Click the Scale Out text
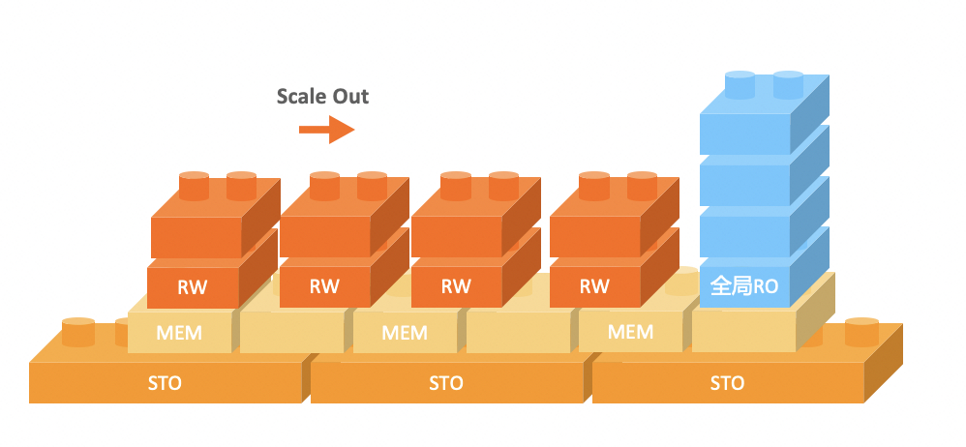click(322, 96)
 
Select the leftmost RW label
click(192, 286)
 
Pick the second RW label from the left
click(324, 286)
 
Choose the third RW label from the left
click(456, 286)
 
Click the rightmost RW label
click(594, 286)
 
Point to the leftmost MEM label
click(179, 334)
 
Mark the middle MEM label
click(405, 334)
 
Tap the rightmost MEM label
click(630, 333)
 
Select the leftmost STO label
click(166, 384)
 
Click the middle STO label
click(447, 384)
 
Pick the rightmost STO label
click(727, 384)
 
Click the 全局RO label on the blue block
click(744, 286)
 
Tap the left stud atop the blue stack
click(740, 85)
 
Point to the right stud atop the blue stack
click(789, 85)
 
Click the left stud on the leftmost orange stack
click(194, 185)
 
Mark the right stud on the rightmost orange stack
click(642, 185)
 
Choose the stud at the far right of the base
click(861, 331)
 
